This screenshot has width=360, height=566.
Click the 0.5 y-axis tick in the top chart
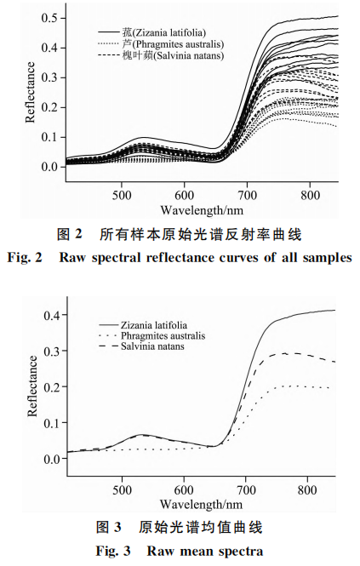coord(52,18)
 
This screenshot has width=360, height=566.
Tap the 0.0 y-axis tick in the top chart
coord(52,166)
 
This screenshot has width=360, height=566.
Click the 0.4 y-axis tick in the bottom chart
coord(52,316)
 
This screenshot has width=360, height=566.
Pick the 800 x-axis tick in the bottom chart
coord(310,490)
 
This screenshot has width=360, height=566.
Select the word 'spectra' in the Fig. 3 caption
coord(241,551)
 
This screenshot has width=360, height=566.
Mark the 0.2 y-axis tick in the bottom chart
coord(52,387)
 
